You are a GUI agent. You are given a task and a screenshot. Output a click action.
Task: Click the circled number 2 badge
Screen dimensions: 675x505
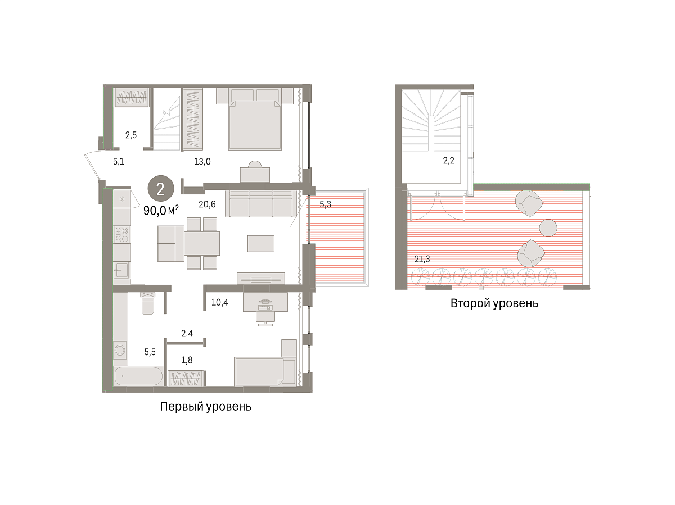[x=161, y=189]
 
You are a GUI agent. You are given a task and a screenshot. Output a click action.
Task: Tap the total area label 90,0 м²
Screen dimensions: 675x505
[x=161, y=211]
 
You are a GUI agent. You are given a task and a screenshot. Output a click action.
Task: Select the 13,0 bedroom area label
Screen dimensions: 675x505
[x=202, y=161]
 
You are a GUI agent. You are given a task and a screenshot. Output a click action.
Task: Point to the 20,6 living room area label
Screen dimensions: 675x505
[x=207, y=204]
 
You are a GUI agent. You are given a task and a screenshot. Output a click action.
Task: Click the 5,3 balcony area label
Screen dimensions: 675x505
[x=325, y=204]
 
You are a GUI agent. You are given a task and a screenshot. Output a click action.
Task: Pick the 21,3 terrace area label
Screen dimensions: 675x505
[x=422, y=259]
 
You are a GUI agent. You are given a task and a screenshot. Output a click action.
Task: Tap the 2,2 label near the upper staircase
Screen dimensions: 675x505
[x=448, y=161]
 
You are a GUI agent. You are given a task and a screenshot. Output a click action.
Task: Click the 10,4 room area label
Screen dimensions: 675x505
[x=219, y=302]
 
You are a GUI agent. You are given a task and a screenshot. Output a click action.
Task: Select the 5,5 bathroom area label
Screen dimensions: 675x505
[x=150, y=352]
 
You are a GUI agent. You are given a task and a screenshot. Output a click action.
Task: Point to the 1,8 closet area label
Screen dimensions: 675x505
[x=187, y=360]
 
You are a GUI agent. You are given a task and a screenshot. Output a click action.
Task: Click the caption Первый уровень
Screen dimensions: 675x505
[x=206, y=407]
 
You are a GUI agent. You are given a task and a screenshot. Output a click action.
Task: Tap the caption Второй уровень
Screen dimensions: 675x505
[x=494, y=303]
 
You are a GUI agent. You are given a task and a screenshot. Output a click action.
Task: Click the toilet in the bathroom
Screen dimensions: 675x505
[x=148, y=303]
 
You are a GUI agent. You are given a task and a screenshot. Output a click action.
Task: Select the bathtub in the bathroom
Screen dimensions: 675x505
[x=138, y=376]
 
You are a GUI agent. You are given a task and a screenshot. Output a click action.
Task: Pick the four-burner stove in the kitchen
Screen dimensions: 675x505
[x=121, y=235]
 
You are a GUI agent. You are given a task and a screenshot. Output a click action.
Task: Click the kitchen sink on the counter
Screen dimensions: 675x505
[x=121, y=270]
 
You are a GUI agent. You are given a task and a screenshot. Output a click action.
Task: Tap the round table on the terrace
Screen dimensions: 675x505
[x=548, y=228]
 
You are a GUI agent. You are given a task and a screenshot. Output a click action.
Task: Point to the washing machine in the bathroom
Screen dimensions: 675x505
[x=120, y=350]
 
